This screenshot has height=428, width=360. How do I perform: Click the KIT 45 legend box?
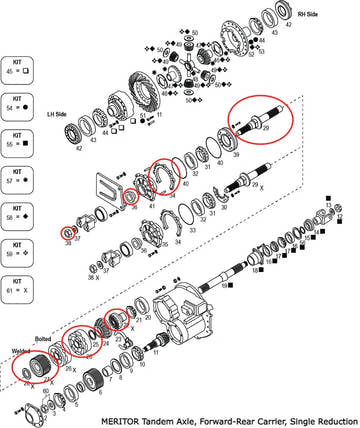point(21,67)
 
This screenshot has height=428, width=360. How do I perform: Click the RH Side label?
point(311,15)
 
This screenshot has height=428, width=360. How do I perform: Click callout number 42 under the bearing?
point(79,148)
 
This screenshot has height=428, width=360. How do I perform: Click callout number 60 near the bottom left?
point(46,389)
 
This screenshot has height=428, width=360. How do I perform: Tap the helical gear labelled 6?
point(96,380)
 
